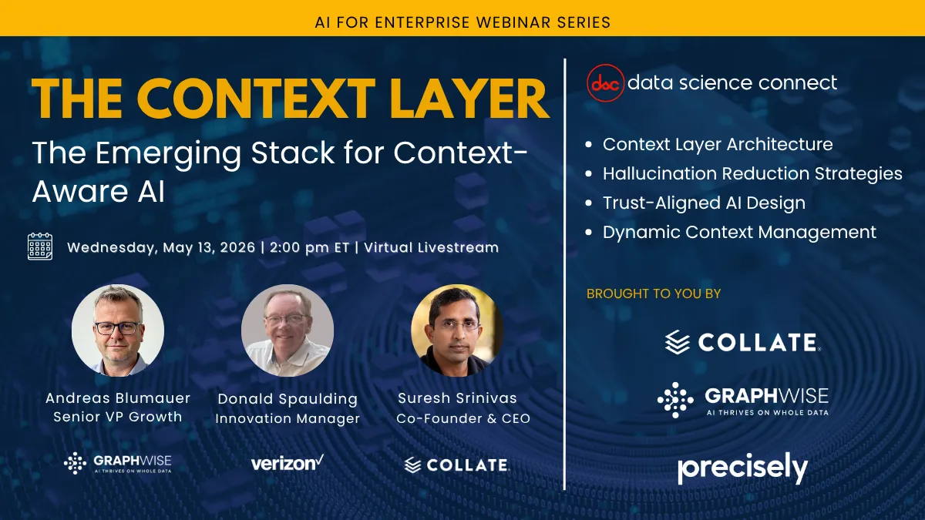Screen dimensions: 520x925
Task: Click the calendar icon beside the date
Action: [40, 247]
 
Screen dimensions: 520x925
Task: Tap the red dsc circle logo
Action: [604, 83]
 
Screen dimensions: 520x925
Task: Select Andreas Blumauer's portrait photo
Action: [118, 330]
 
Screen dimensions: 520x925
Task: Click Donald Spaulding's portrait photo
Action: [288, 330]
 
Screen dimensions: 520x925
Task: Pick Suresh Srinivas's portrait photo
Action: [457, 330]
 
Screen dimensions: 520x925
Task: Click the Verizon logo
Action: [287, 463]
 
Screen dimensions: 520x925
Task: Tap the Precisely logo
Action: [742, 468]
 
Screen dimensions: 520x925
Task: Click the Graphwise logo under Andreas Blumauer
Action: [117, 462]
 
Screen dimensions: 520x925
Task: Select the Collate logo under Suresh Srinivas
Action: [456, 465]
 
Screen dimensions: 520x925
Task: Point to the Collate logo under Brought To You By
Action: [742, 342]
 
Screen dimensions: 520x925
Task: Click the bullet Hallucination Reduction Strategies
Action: [752, 173]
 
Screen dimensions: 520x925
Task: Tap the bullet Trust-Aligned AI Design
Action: [703, 203]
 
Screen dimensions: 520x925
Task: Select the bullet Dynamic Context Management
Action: [738, 232]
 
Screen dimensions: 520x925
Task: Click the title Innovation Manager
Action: [288, 419]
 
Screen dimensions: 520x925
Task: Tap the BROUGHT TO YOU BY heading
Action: [654, 294]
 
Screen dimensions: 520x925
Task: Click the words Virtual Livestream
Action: [431, 248]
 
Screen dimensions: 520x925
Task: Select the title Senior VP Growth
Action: [118, 417]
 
